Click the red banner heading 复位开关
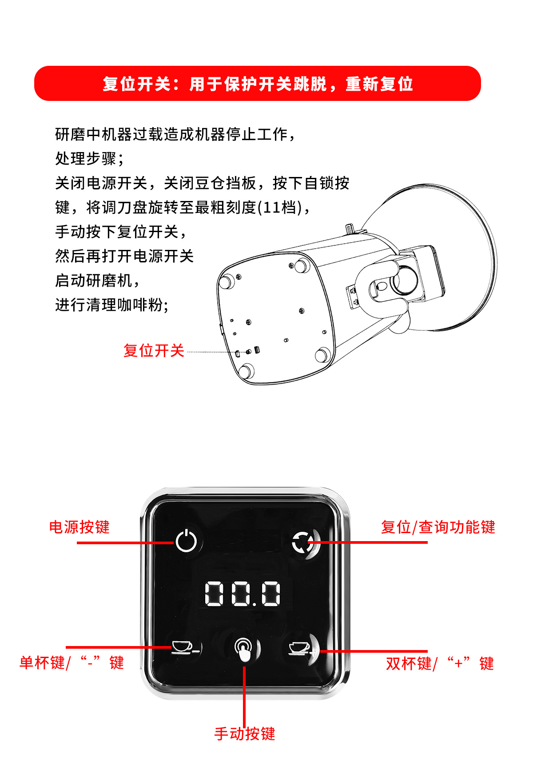[136, 84]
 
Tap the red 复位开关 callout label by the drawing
[154, 350]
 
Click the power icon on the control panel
[186, 541]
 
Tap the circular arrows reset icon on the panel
[303, 542]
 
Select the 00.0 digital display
[243, 594]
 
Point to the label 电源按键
[80, 527]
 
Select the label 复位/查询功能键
[438, 527]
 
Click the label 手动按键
[245, 733]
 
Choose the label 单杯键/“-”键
[72, 662]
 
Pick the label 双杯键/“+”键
[440, 663]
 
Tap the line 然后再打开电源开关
[124, 256]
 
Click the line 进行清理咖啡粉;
[112, 305]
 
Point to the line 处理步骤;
[89, 158]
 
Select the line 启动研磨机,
[97, 281]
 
